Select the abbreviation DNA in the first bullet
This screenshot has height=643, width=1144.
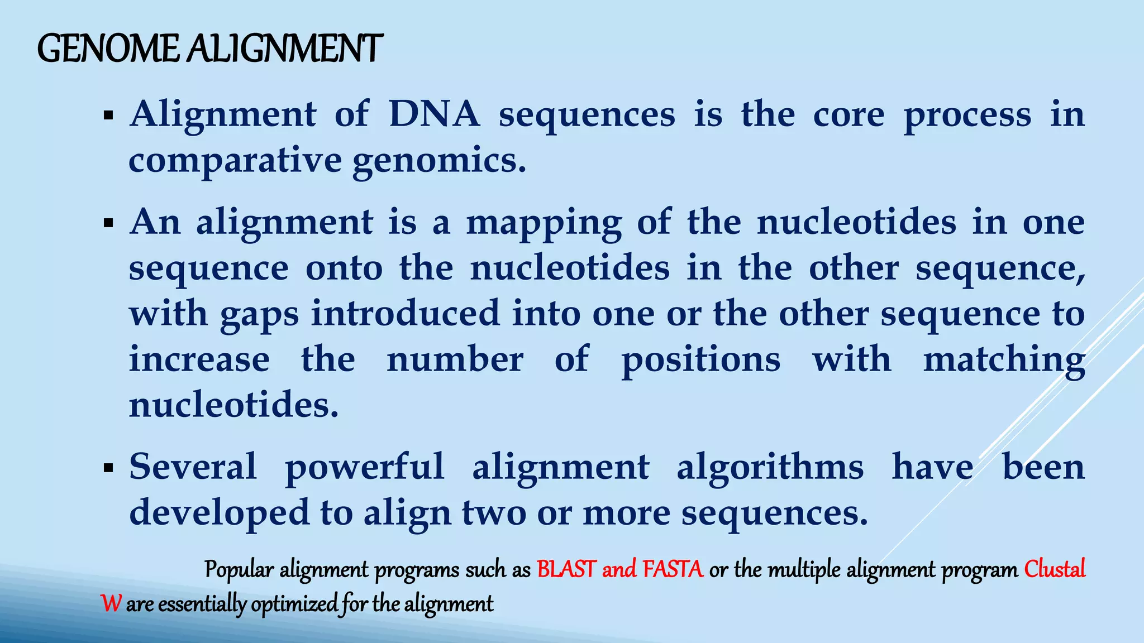[x=434, y=114]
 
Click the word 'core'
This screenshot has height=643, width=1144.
[x=849, y=114]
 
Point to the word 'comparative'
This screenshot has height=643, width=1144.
[x=235, y=161]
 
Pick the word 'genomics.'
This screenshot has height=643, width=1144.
[x=440, y=162]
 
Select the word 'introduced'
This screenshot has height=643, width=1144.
[x=405, y=313]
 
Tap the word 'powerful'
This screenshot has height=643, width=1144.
[x=365, y=468]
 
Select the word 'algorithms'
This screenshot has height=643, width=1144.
[x=770, y=468]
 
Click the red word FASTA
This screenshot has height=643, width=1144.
[x=673, y=569]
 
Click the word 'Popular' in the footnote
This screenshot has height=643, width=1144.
[x=239, y=570]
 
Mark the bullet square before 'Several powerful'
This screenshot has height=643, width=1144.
[x=108, y=468]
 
